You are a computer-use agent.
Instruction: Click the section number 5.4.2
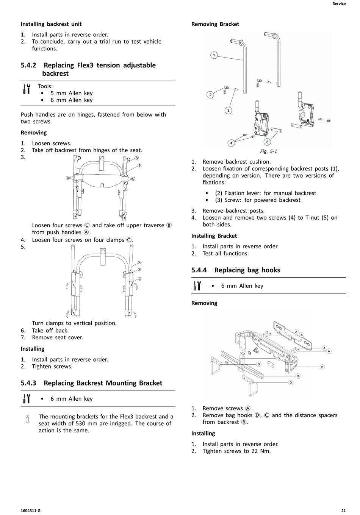tap(28, 65)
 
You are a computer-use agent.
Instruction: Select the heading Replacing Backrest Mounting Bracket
tap(103, 383)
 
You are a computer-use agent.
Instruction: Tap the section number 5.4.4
tap(199, 270)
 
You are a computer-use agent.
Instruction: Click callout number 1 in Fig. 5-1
tap(214, 55)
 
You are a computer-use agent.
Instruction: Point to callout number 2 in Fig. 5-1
tap(210, 95)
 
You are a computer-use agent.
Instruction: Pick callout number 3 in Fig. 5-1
tap(228, 111)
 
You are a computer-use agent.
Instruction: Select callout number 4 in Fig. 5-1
tap(231, 143)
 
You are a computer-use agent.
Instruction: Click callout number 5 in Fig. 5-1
tap(267, 142)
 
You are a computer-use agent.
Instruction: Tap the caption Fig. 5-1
tap(268, 151)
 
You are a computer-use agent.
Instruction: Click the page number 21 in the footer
tap(343, 510)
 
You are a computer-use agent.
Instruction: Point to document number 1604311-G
tap(31, 510)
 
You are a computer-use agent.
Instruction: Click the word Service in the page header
tap(339, 4)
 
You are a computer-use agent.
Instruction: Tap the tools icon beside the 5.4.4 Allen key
tap(197, 286)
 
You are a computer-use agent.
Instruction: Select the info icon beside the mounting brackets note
tap(27, 419)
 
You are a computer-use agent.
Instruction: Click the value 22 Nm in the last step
tap(261, 451)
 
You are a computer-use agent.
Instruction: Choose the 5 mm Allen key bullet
tap(71, 93)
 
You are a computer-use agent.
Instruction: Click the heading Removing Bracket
tap(215, 24)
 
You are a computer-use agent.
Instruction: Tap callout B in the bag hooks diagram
tap(322, 367)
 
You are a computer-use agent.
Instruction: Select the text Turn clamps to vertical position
tap(74, 323)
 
